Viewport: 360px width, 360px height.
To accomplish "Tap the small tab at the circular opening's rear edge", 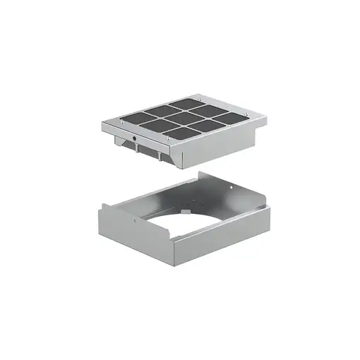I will point(185,208).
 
